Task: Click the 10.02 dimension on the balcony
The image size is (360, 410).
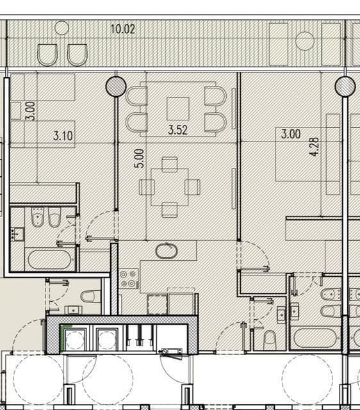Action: pyautogui.click(x=123, y=29)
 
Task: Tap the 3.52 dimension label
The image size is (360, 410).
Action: pyautogui.click(x=178, y=130)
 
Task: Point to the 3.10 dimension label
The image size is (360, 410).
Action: pyautogui.click(x=63, y=136)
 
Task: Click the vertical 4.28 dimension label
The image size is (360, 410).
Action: pyautogui.click(x=315, y=147)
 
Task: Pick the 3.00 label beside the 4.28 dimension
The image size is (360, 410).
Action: pyautogui.click(x=291, y=134)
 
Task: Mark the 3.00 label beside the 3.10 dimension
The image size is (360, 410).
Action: pyautogui.click(x=30, y=111)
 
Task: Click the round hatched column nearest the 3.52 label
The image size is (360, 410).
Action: pyautogui.click(x=116, y=86)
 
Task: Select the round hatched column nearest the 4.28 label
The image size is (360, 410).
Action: pyautogui.click(x=345, y=86)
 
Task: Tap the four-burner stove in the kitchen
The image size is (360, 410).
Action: pyautogui.click(x=129, y=279)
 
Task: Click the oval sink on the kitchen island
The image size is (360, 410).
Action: pyautogui.click(x=167, y=251)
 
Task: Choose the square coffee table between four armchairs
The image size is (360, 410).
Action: pyautogui.click(x=178, y=109)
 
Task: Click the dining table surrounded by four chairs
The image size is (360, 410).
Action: pyautogui.click(x=169, y=187)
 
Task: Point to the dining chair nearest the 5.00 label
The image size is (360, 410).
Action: pyautogui.click(x=147, y=187)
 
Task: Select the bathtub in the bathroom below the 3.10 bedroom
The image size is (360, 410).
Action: pyautogui.click(x=49, y=259)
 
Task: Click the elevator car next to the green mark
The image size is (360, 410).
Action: pyautogui.click(x=76, y=340)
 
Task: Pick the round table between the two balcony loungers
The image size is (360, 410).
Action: pyautogui.click(x=305, y=41)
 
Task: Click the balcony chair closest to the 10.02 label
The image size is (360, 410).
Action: pyautogui.click(x=78, y=55)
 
